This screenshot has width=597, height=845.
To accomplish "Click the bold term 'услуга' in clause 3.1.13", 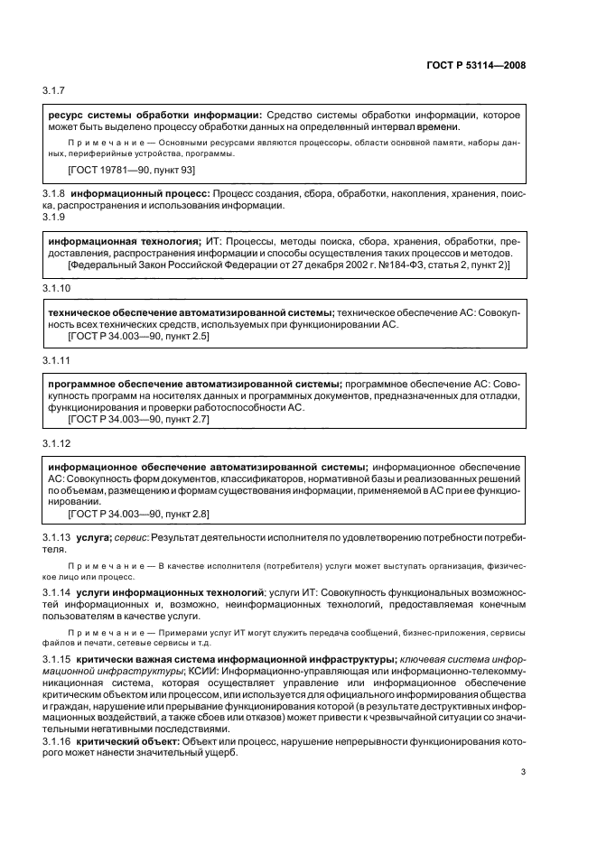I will [93, 536].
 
